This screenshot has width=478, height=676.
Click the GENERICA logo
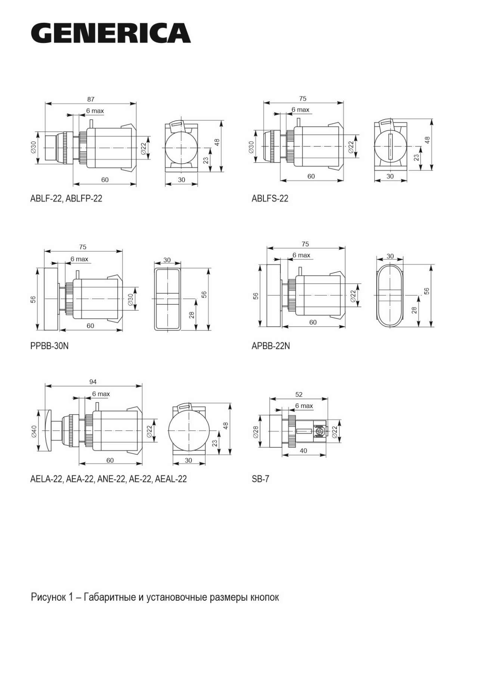(x=111, y=33)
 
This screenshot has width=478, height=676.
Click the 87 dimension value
(x=91, y=99)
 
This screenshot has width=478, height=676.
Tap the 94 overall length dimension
(x=93, y=382)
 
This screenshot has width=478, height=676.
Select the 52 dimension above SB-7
(x=299, y=394)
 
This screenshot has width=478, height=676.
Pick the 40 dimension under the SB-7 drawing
(x=304, y=451)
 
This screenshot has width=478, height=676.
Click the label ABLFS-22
(x=270, y=198)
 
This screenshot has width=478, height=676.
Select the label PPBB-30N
(x=49, y=346)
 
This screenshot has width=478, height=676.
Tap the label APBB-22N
(x=271, y=346)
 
